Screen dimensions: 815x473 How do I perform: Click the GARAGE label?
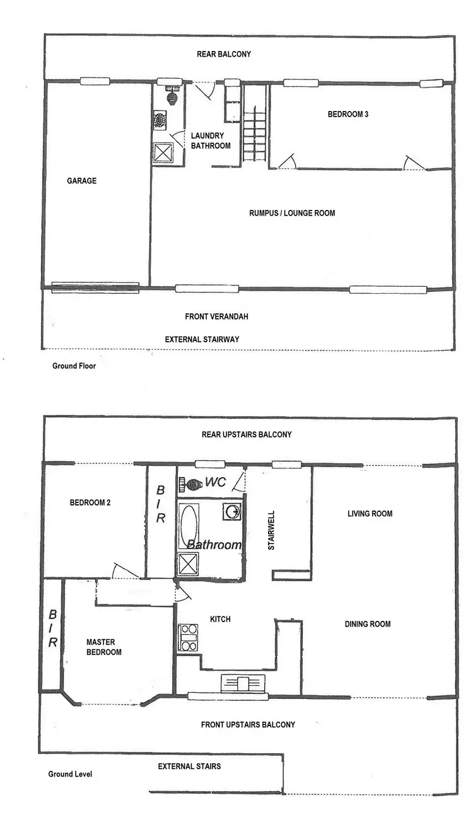pyautogui.click(x=82, y=181)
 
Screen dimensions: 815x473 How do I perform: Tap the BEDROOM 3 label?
pyautogui.click(x=348, y=114)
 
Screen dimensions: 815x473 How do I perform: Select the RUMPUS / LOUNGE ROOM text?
pyautogui.click(x=292, y=213)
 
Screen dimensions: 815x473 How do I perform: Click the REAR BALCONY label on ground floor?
pyautogui.click(x=224, y=54)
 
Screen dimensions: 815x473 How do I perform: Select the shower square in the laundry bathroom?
pyautogui.click(x=163, y=153)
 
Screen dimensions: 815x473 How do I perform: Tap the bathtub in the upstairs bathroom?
pyautogui.click(x=189, y=523)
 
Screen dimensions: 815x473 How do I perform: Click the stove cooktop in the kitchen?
pyautogui.click(x=189, y=637)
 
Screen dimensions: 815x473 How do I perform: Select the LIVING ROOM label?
pyautogui.click(x=370, y=514)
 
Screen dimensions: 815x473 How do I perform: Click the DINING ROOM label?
pyautogui.click(x=368, y=624)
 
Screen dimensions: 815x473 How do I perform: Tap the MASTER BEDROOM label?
pyautogui.click(x=104, y=647)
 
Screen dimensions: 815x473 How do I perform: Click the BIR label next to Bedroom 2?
pyautogui.click(x=161, y=504)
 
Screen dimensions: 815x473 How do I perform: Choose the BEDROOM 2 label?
pyautogui.click(x=90, y=503)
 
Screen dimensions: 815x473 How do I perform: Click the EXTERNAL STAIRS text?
pyautogui.click(x=189, y=766)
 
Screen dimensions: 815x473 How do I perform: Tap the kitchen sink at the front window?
pyautogui.click(x=243, y=683)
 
